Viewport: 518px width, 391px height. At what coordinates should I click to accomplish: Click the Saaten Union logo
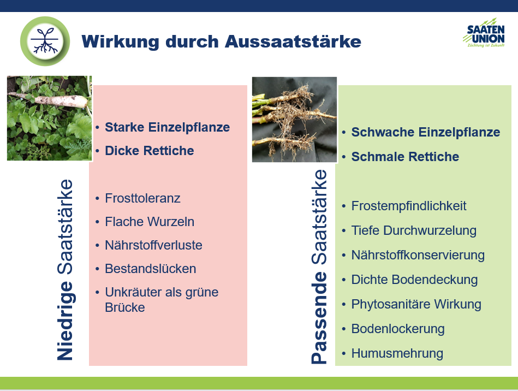coord(484,33)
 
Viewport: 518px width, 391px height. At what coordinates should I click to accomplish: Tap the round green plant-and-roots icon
coord(45,42)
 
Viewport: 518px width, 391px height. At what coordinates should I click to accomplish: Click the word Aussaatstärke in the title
coord(293,42)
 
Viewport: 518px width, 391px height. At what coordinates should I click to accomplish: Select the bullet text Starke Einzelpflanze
coord(167,127)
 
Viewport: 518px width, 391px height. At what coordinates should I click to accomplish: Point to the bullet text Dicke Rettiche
coord(150,151)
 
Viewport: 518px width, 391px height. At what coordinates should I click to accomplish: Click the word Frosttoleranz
coord(142,198)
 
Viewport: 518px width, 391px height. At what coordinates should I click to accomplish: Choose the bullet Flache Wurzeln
coord(150,222)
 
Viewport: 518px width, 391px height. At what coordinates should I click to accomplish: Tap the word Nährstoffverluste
coord(153,245)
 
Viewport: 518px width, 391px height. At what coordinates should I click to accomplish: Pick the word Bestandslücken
coord(150,269)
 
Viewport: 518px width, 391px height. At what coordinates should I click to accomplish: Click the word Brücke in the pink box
coord(125,307)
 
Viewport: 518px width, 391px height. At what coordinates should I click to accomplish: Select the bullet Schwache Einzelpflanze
coord(426,132)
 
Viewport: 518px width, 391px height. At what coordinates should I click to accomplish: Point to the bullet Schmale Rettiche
coord(405,157)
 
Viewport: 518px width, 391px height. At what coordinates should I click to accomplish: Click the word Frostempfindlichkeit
coord(409,206)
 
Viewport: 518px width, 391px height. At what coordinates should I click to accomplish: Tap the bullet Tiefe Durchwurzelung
coord(414,230)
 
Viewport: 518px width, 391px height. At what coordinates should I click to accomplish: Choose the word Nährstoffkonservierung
coord(418,255)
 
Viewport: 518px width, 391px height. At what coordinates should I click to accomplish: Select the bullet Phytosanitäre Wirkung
coord(416,304)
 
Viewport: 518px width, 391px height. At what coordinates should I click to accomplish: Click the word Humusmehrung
coord(397,353)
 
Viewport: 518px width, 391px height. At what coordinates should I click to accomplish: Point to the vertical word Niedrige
coord(66,321)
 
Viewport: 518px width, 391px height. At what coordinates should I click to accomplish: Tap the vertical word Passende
coord(319,318)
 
